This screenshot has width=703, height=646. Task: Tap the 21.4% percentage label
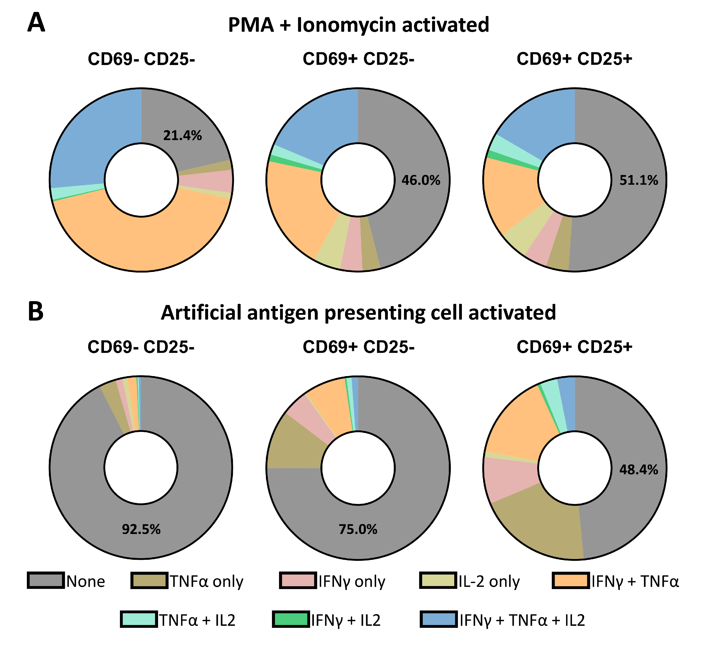(183, 136)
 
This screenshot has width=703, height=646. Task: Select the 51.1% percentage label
(639, 180)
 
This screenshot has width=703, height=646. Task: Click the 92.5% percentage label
(141, 530)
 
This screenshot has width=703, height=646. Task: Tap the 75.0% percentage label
(358, 530)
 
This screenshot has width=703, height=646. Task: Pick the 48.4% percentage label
(639, 470)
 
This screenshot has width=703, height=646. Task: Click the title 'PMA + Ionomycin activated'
(358, 25)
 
